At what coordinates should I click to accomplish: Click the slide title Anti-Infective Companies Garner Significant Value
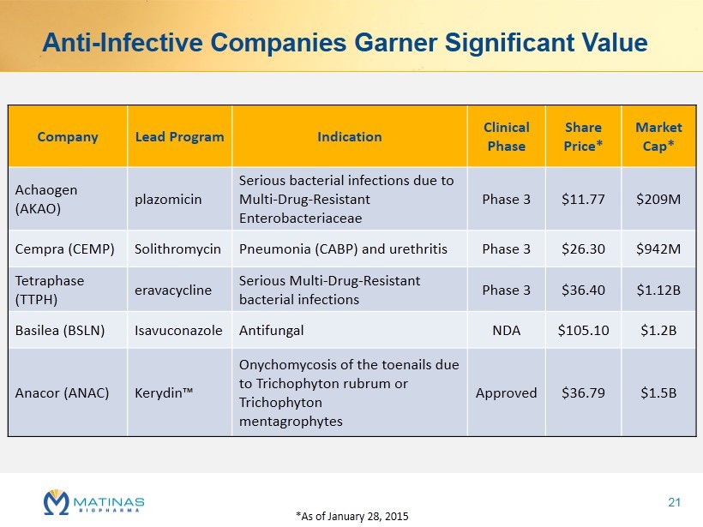[345, 42]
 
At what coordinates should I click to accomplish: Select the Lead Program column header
[179, 137]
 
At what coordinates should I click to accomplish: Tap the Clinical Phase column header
[506, 136]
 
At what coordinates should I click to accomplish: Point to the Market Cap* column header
[658, 136]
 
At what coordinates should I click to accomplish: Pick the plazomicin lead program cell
[168, 200]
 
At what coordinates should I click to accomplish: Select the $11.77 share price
[583, 200]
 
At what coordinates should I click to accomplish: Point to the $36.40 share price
[583, 290]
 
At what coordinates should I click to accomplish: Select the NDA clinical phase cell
[506, 330]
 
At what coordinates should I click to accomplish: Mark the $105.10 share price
[583, 330]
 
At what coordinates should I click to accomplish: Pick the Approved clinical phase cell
[506, 393]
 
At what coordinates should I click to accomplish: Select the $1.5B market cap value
[658, 393]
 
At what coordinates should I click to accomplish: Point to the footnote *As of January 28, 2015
[351, 516]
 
